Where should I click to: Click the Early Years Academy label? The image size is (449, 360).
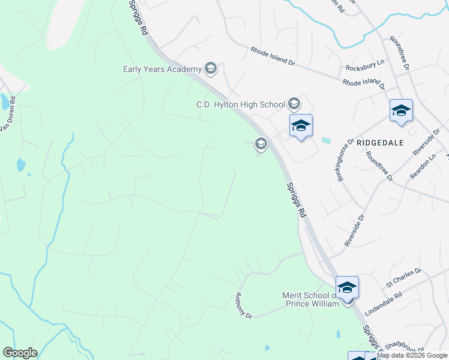(x=162, y=69)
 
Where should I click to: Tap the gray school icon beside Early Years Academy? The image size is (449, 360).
(x=210, y=69)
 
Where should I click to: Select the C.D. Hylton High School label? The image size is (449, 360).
(x=241, y=104)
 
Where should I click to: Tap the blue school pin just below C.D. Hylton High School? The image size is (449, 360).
(x=301, y=126)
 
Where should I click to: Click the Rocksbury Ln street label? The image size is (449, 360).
(x=365, y=69)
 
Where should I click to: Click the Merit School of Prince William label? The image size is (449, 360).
(x=311, y=299)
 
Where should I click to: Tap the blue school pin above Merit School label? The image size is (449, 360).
(x=347, y=287)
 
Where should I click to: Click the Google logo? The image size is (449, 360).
(x=20, y=353)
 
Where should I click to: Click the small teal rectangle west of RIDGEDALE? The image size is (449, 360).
(x=326, y=140)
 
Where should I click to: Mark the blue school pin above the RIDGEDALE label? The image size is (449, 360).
(x=401, y=111)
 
